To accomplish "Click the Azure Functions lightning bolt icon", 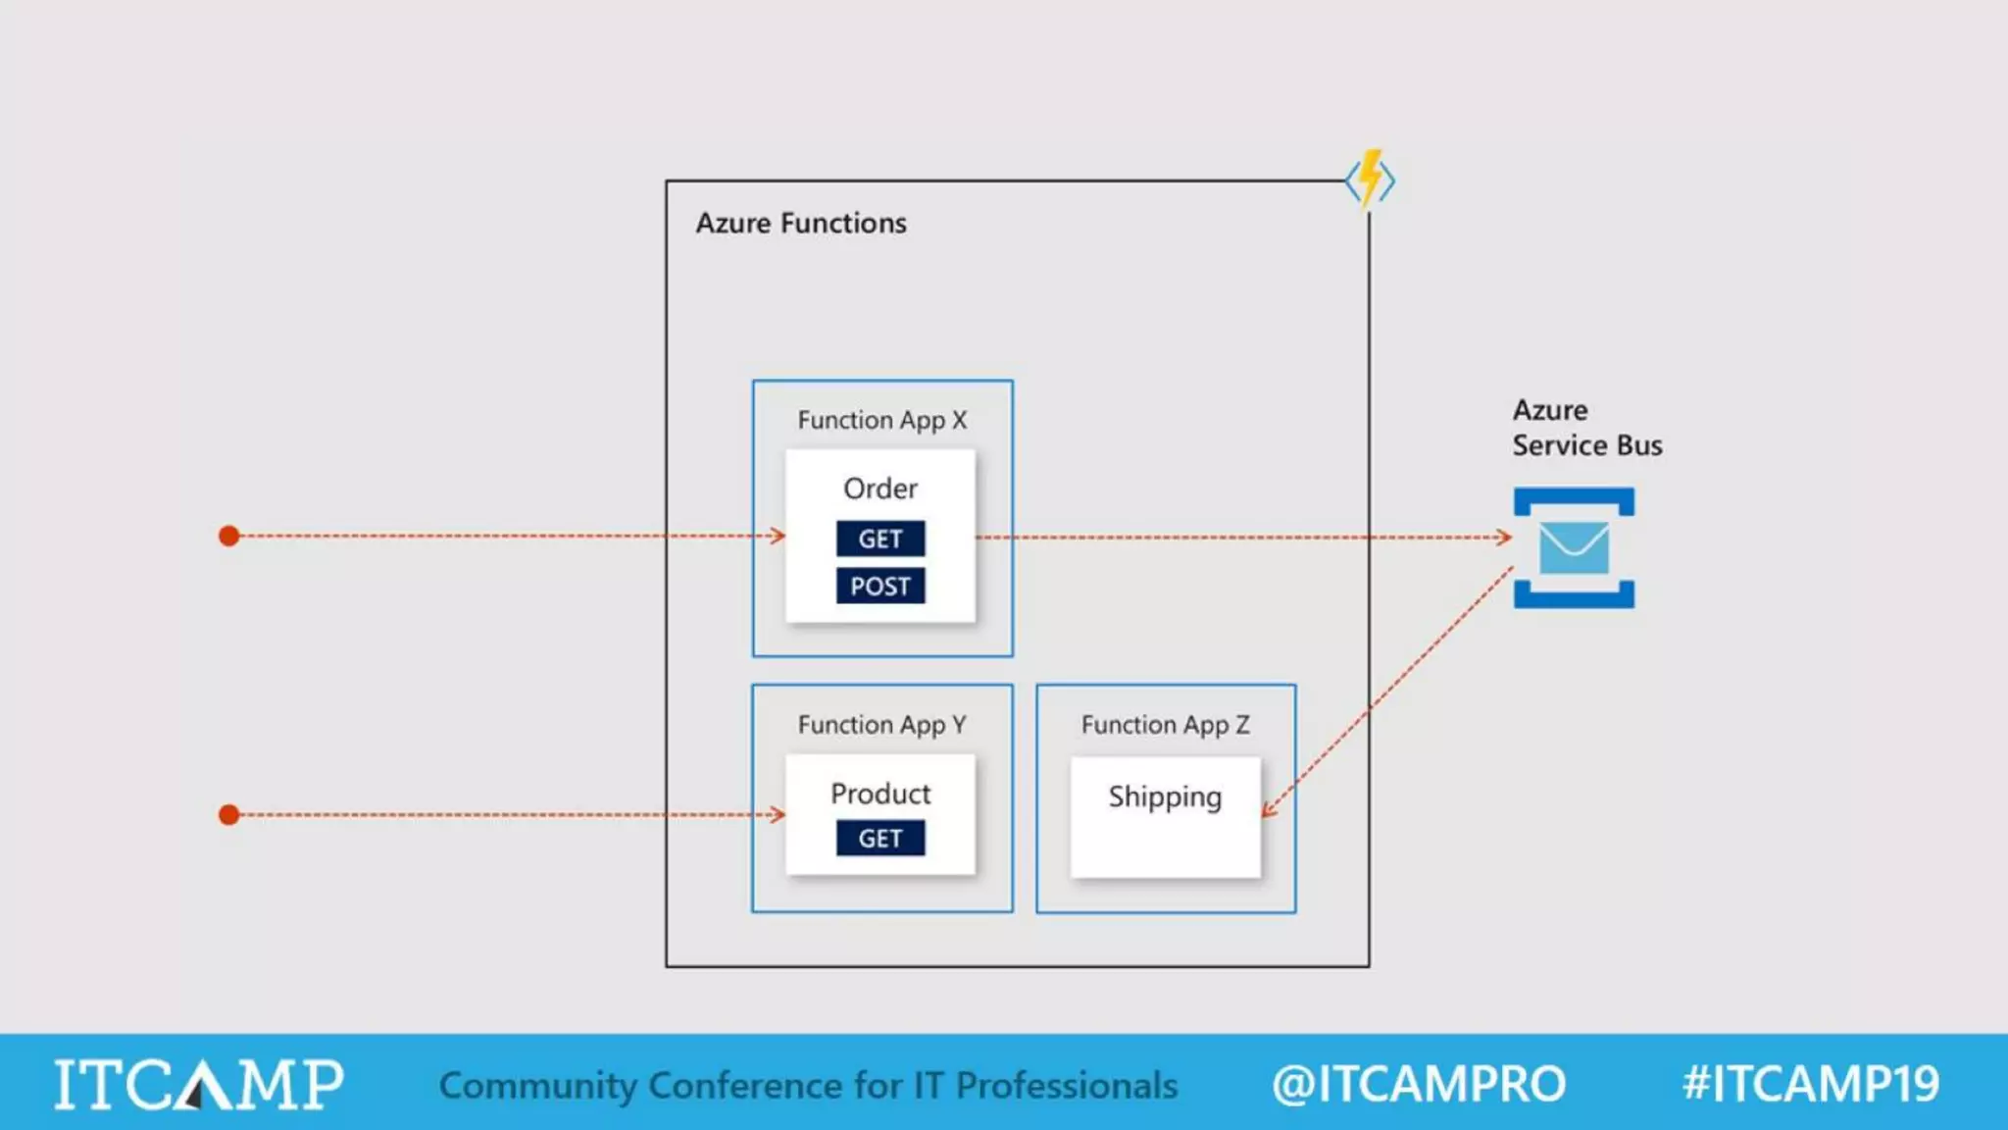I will coord(1370,180).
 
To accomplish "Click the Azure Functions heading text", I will coord(801,224).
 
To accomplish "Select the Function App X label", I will coord(881,420).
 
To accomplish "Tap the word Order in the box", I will coord(879,488).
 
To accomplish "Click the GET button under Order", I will coord(879,539).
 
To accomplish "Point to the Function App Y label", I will coord(881,725).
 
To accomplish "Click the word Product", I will coord(879,794).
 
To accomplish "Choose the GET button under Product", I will coord(879,839).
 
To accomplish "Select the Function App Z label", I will coord(1165,725).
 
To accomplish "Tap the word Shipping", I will coord(1165,796).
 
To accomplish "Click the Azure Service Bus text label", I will coord(1585,428).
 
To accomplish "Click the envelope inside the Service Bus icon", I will coord(1574,547).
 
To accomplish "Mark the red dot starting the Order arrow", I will coord(229,536).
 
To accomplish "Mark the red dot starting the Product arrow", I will coord(229,814).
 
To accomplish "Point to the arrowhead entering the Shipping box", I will coord(1269,810).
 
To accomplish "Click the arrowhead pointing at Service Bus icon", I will coord(1504,537).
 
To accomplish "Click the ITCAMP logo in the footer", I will coord(198,1084).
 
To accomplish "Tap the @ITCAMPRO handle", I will coord(1418,1084).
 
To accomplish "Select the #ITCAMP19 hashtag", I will coord(1810,1084).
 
